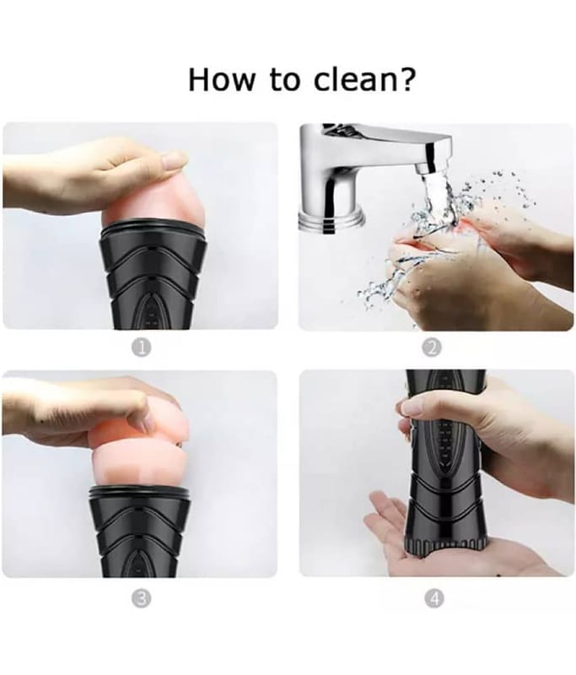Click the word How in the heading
[221, 79]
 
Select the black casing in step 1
[153, 278]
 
